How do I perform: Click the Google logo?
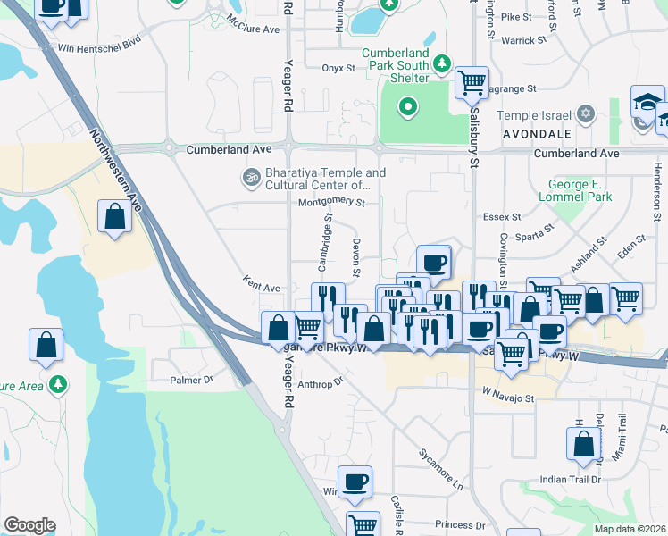[x=29, y=525]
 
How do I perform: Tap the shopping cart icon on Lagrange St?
[x=472, y=84]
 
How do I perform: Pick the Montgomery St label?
[x=332, y=203]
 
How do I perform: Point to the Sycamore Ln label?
[x=441, y=468]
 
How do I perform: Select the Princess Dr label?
[x=460, y=524]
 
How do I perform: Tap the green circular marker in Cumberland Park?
[x=408, y=109]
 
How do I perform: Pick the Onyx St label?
[x=338, y=67]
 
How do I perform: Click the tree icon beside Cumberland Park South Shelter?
[x=442, y=63]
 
